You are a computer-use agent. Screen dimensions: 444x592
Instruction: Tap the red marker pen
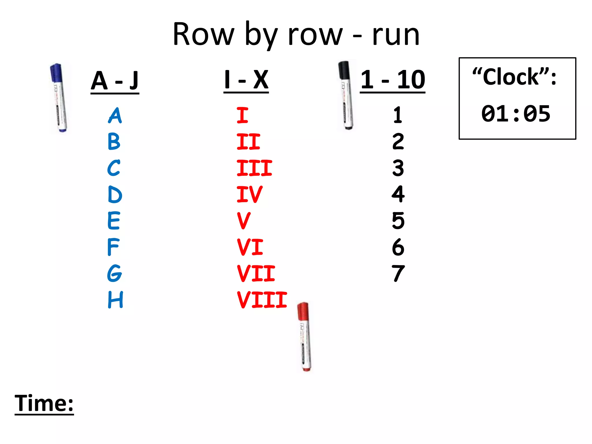point(304,337)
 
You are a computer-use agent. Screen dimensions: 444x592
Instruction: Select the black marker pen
point(346,95)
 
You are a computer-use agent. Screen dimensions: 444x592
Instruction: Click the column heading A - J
point(115,81)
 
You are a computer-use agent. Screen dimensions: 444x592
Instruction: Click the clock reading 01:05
point(516,114)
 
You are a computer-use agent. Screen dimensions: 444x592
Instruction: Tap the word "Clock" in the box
point(511,77)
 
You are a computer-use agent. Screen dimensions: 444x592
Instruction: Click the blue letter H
point(115,300)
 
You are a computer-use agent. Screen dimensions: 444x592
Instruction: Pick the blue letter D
point(115,194)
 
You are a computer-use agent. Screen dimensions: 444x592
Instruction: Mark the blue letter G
point(114,273)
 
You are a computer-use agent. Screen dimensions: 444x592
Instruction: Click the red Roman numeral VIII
point(262,300)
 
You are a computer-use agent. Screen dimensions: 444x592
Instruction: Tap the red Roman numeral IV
point(249,194)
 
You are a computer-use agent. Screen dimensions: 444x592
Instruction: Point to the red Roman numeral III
point(254,168)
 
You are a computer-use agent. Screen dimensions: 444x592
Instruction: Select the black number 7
point(398,273)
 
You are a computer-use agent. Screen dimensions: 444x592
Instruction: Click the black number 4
point(398,194)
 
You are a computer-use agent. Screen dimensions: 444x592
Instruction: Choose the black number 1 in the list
point(398,115)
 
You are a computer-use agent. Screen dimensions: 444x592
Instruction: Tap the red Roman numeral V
point(243,221)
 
